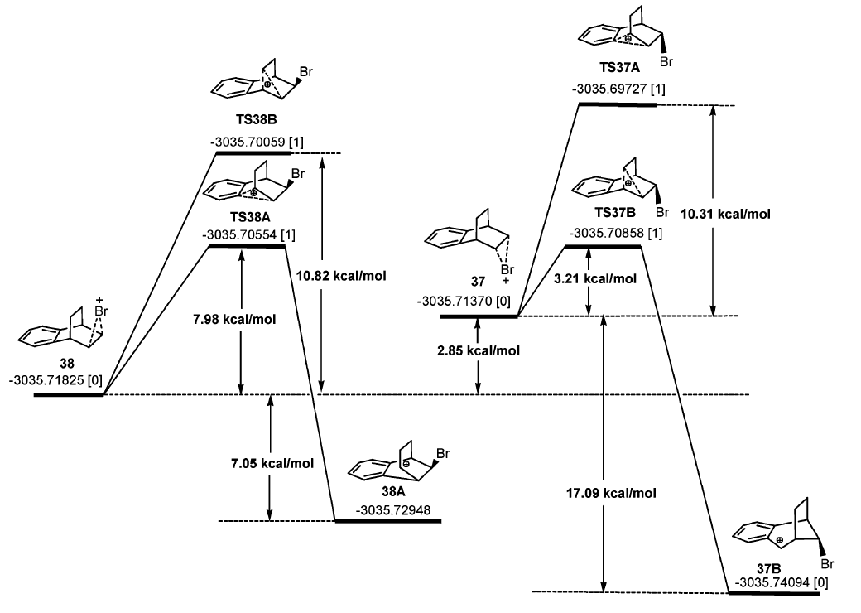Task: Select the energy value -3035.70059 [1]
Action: (x=257, y=142)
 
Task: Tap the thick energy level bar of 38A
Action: (x=387, y=521)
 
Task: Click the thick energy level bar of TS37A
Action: (x=617, y=105)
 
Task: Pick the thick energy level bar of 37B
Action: (x=775, y=593)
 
